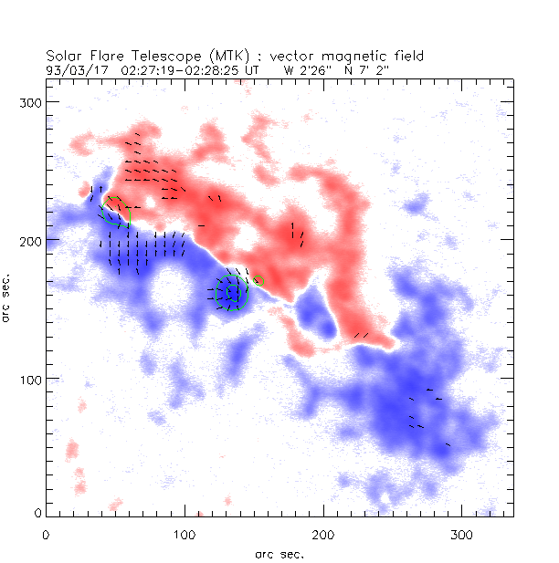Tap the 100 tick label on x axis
pyautogui.click(x=185, y=532)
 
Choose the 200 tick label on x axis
pyautogui.click(x=323, y=532)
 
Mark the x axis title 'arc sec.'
pyautogui.click(x=279, y=553)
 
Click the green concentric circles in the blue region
pyautogui.click(x=231, y=293)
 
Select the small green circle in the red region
pyautogui.click(x=258, y=280)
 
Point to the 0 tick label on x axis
pyautogui.click(x=46, y=532)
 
